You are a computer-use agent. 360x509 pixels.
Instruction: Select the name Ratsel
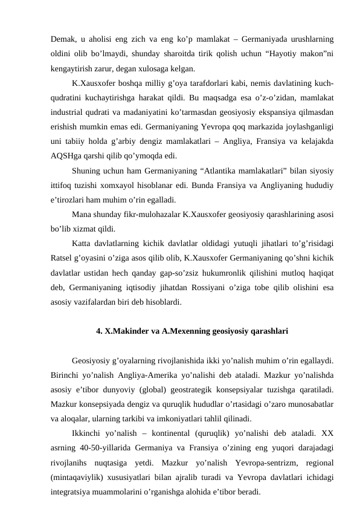click(x=63, y=259)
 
